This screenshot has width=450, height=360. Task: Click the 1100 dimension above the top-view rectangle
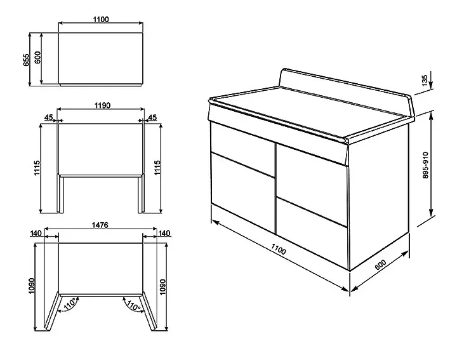tap(101, 19)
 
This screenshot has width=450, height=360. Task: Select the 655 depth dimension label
tap(26, 60)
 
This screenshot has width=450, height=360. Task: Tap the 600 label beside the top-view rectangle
tap(37, 57)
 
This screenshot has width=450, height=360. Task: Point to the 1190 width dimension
tap(102, 105)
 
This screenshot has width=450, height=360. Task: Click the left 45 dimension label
tap(48, 117)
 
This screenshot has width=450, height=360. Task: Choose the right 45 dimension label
tap(153, 117)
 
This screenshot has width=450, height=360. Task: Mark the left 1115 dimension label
tap(37, 168)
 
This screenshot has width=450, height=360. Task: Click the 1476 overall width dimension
tap(100, 225)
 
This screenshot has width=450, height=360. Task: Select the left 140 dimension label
tap(36, 233)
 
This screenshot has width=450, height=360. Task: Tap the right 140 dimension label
tap(164, 233)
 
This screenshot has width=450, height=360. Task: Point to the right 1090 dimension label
tap(162, 287)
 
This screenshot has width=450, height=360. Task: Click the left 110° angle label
tap(70, 304)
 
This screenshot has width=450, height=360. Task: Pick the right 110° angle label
tap(133, 305)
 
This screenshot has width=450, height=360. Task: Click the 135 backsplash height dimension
tap(425, 80)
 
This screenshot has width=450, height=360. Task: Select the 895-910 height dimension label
tap(425, 165)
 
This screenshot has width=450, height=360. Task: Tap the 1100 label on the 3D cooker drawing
tap(279, 249)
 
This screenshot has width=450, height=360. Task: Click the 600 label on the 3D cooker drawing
tap(381, 264)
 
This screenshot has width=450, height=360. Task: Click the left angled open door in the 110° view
tap(52, 311)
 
